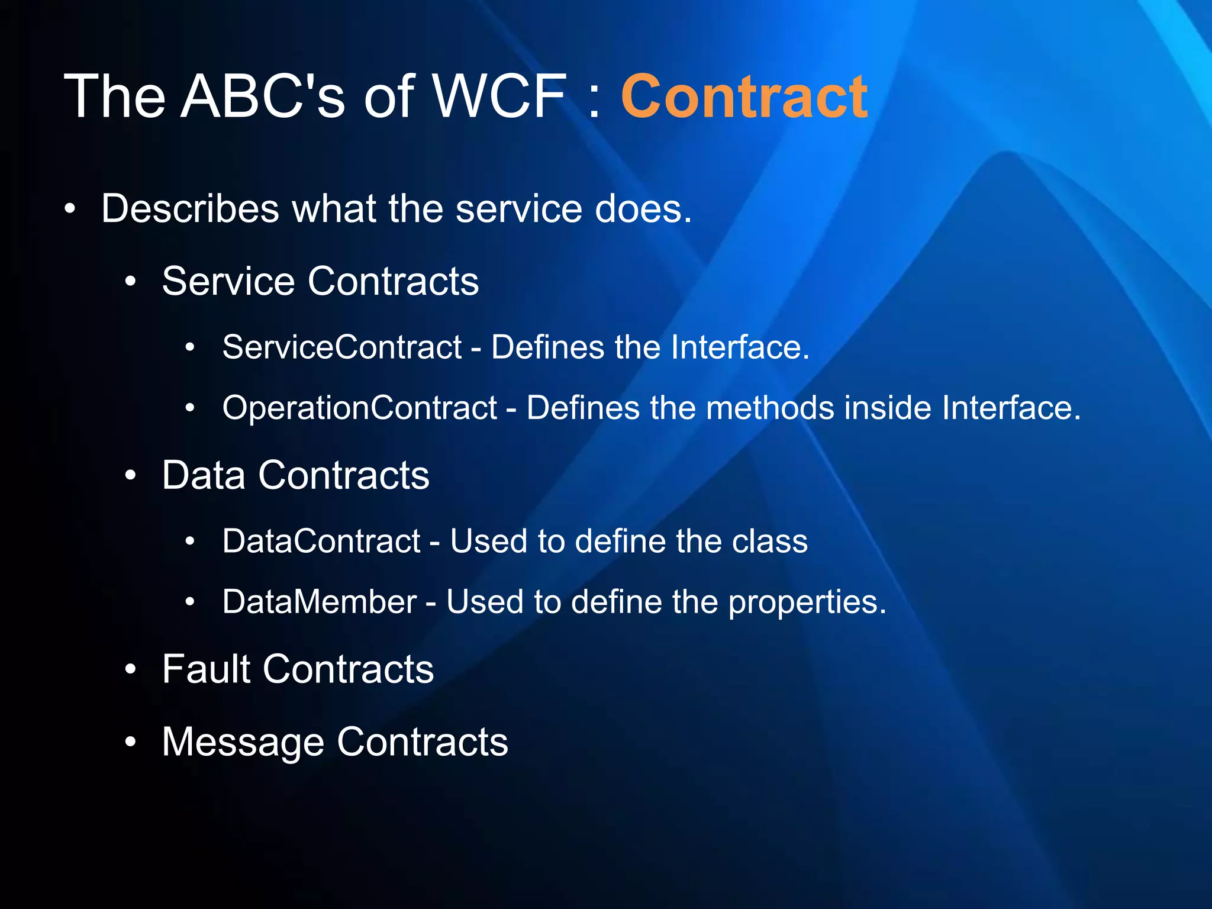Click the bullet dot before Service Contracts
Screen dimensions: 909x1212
pos(131,282)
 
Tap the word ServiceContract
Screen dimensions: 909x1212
pos(341,347)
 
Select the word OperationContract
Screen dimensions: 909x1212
pos(359,408)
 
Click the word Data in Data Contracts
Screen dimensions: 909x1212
pos(204,475)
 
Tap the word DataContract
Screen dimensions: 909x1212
pos(321,541)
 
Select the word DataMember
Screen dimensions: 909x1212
pos(320,602)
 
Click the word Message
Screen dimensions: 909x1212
pos(243,742)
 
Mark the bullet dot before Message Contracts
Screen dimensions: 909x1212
pos(131,742)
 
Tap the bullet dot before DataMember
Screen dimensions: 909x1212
pos(190,602)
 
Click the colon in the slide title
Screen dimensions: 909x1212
pos(594,99)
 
